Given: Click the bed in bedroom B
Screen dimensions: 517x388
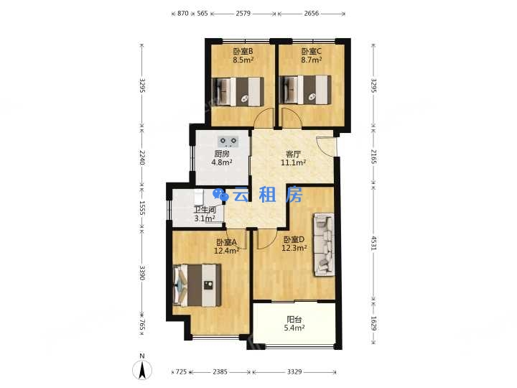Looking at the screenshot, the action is [x=238, y=91].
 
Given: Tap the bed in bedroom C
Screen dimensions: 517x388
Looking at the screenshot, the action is [x=305, y=90].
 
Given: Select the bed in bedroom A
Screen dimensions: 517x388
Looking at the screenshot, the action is [x=197, y=285].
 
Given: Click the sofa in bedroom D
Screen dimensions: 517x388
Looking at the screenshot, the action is [x=324, y=244].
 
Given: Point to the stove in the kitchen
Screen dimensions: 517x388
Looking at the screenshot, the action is [x=228, y=142].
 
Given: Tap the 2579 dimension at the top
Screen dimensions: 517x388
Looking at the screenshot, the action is [x=243, y=14].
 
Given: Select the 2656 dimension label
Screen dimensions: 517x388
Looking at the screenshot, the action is [x=311, y=14].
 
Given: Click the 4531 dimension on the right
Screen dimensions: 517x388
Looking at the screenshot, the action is [x=373, y=243].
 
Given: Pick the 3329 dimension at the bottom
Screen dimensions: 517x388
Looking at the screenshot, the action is [x=294, y=372].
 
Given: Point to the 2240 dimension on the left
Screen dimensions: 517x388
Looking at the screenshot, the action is [x=141, y=157].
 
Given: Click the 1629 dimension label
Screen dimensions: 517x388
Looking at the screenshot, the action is [x=373, y=323].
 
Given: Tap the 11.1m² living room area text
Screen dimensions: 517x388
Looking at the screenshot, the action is [x=293, y=162].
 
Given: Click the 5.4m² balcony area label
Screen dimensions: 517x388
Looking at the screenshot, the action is [x=294, y=328].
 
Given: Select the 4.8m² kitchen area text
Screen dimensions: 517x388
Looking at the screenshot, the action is [x=222, y=162].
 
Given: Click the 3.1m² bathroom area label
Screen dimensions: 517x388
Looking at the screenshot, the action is [x=205, y=218].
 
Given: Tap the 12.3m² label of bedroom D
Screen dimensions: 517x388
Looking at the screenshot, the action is [x=294, y=248].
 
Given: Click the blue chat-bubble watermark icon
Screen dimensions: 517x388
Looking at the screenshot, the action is [x=220, y=194].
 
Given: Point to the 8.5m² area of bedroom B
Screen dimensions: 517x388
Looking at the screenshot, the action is [x=243, y=60].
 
